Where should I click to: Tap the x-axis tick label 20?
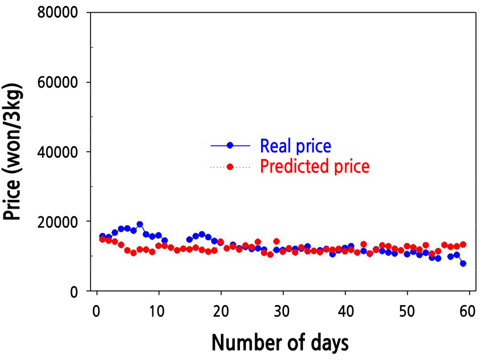click(x=221, y=308)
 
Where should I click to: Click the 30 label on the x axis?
click(x=283, y=308)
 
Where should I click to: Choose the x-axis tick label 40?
click(x=345, y=308)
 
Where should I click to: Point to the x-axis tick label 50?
click(x=407, y=308)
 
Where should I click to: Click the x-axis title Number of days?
click(x=280, y=342)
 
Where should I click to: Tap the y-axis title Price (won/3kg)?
click(x=13, y=151)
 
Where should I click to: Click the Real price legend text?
click(x=296, y=145)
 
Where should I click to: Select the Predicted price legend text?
click(x=315, y=167)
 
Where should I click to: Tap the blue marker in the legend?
click(x=230, y=145)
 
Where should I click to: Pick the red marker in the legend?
click(x=230, y=167)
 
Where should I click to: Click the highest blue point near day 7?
click(x=140, y=224)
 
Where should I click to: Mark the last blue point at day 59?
click(x=463, y=264)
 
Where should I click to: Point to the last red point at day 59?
click(x=463, y=244)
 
